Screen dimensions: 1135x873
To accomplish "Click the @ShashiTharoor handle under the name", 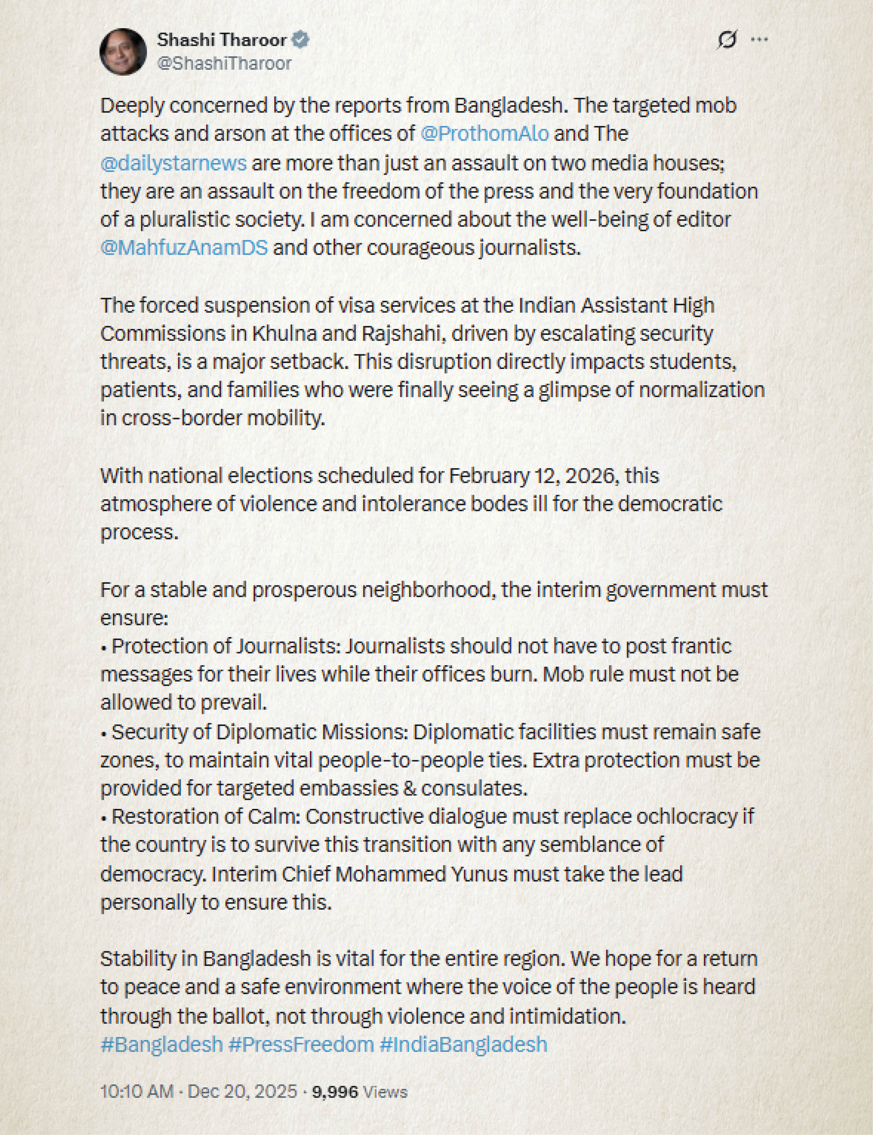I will click(x=224, y=64).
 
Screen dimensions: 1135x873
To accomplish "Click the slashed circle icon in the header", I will click(x=726, y=40).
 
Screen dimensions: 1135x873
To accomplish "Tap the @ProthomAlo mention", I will click(x=484, y=134).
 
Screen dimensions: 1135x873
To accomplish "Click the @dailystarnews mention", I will click(x=173, y=163).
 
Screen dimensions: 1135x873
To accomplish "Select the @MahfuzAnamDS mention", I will click(x=184, y=247).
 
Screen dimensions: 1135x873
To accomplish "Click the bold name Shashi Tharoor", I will click(x=221, y=40).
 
